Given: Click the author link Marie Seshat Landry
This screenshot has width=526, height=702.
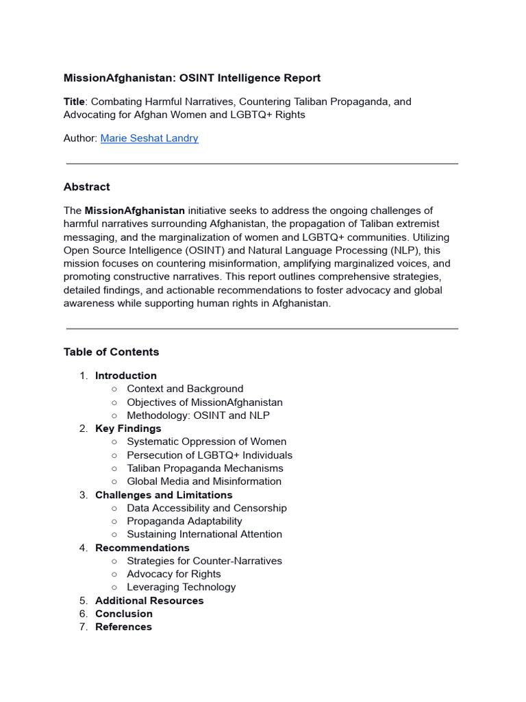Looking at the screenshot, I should (x=149, y=138).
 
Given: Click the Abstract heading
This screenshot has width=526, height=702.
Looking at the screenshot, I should (x=86, y=186).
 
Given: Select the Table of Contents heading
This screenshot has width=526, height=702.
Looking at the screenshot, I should (x=111, y=352).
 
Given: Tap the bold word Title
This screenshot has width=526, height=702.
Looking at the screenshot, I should (x=74, y=101).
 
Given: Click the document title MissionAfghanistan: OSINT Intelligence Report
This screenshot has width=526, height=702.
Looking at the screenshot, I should (x=192, y=78).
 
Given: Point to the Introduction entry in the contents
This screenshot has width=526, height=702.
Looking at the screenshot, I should (x=126, y=376).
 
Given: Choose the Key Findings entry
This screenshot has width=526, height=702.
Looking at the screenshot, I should (x=128, y=428).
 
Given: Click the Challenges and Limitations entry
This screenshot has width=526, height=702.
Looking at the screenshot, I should (x=164, y=495).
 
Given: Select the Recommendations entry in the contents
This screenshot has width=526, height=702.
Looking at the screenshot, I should (x=142, y=548).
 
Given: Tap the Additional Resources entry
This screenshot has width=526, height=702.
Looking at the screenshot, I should (x=149, y=601).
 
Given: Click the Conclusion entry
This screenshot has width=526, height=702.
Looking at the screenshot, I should (x=124, y=614).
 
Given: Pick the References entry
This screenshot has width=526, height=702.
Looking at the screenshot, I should (x=123, y=627).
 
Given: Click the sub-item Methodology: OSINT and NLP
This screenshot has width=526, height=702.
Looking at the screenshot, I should (x=198, y=415).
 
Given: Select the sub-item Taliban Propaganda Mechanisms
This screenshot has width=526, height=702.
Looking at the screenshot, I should (x=205, y=468).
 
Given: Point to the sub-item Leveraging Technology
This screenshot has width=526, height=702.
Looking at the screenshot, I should (x=181, y=587).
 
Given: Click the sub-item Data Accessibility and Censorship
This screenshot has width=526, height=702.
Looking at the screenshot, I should (x=207, y=508).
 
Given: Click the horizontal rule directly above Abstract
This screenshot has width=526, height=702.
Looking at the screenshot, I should (x=262, y=164).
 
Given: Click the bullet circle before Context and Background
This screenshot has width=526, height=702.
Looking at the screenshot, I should (x=114, y=389).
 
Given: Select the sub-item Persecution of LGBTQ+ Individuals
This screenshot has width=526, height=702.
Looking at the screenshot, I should (x=210, y=455).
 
